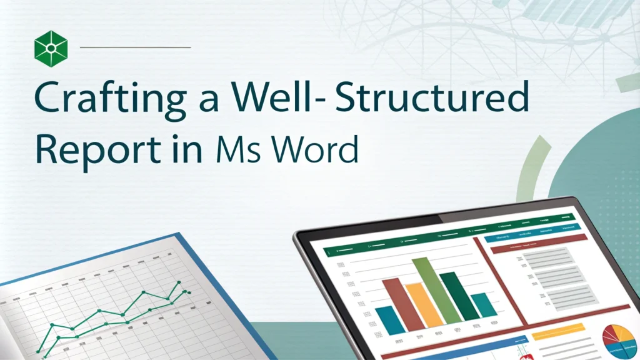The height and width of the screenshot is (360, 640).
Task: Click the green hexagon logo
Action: (50, 47)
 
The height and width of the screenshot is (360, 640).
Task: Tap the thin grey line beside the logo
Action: (136, 47)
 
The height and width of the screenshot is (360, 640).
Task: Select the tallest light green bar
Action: (428, 294)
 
